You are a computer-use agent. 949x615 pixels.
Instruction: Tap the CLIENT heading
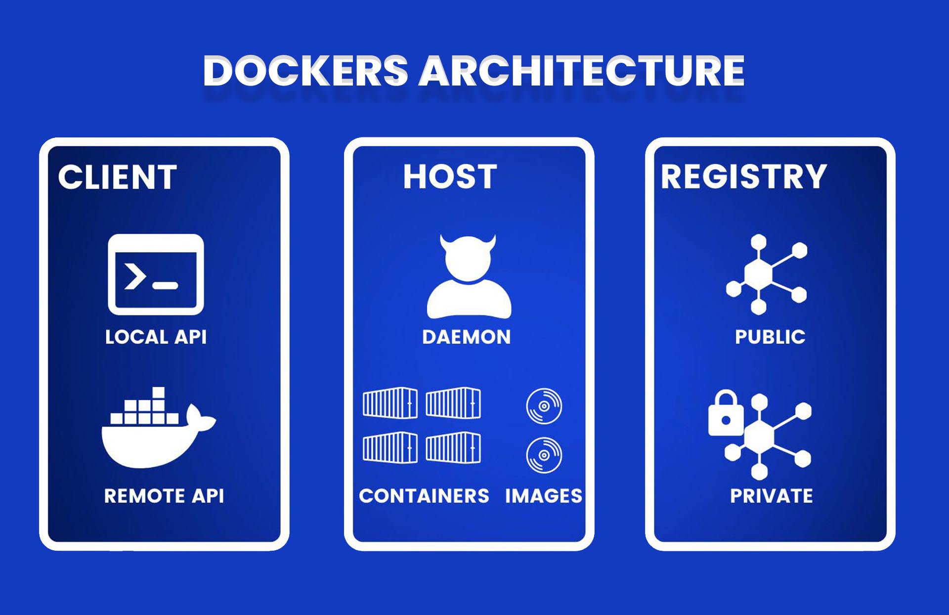117,177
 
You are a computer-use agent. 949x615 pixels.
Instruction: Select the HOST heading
450,176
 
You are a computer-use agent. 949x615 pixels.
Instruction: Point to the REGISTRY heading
743,176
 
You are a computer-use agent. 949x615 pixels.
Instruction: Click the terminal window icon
156,274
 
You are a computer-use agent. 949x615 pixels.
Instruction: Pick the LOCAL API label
156,337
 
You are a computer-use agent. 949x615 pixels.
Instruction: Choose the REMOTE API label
164,496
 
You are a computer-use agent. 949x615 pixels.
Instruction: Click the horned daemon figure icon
468,277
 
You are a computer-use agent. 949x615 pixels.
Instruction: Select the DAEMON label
467,337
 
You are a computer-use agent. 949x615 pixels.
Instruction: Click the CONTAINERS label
424,496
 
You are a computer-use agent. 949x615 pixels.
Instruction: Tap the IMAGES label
544,496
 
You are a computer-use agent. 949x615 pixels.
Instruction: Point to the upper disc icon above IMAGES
544,406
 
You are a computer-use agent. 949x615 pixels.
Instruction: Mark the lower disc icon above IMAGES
544,455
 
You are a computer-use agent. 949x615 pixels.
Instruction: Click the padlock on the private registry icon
726,415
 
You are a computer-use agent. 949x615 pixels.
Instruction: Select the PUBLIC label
770,337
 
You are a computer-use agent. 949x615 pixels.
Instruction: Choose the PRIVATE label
772,496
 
